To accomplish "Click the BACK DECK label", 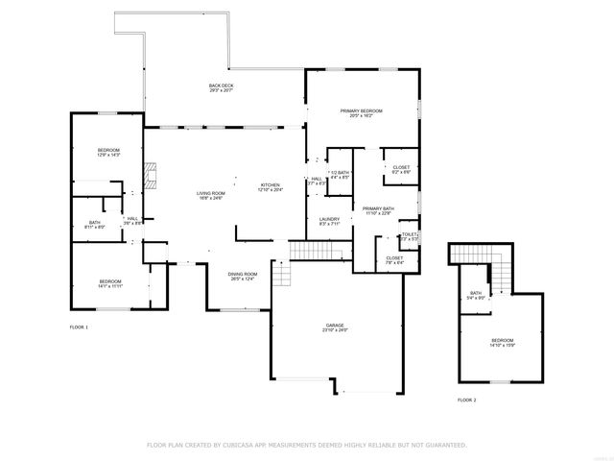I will pyautogui.click(x=222, y=85).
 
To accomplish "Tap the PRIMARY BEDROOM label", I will pyautogui.click(x=362, y=111).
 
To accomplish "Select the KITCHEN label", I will pyautogui.click(x=271, y=184).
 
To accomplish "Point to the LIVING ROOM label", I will pyautogui.click(x=210, y=194).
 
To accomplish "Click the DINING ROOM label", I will pyautogui.click(x=242, y=275).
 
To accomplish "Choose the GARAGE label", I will pyautogui.click(x=335, y=327).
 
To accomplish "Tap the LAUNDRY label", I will pyautogui.click(x=329, y=219).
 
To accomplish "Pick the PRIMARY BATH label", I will pyautogui.click(x=378, y=208).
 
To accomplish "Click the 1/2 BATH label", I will pyautogui.click(x=340, y=172).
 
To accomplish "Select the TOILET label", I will pyautogui.click(x=410, y=234).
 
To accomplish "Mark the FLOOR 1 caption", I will pyautogui.click(x=79, y=328).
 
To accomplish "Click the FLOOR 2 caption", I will pyautogui.click(x=466, y=399).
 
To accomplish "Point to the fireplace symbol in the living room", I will pyautogui.click(x=149, y=176).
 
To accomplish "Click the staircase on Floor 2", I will pyautogui.click(x=470, y=255).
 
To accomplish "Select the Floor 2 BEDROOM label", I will pyautogui.click(x=502, y=341).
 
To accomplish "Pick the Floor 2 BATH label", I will pyautogui.click(x=476, y=293).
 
